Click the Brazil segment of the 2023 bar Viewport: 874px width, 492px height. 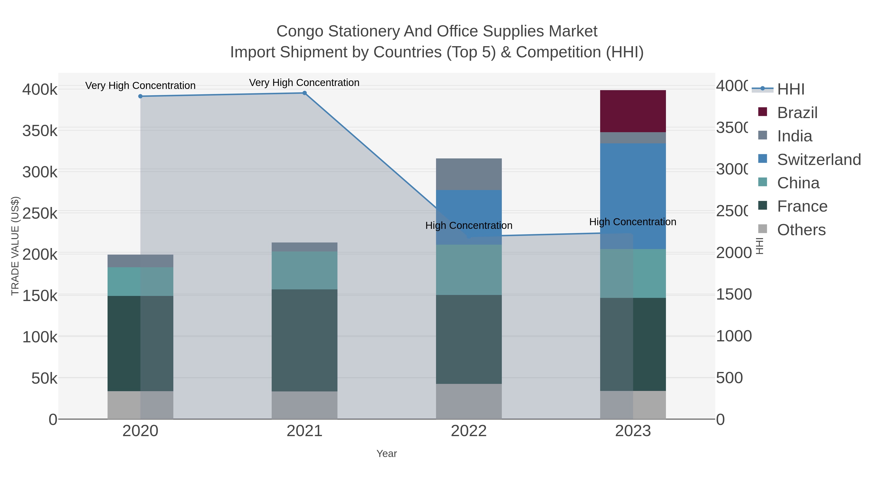[x=633, y=111]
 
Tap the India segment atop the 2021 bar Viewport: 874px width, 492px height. [x=304, y=247]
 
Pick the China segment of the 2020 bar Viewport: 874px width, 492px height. [x=140, y=282]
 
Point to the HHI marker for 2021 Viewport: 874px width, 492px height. [x=304, y=93]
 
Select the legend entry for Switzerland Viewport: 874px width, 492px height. [x=818, y=160]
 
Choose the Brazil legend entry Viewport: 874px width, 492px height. [x=797, y=113]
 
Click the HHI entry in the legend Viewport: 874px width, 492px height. [x=790, y=89]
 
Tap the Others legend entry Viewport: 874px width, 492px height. [x=801, y=230]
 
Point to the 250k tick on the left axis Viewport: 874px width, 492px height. [x=40, y=214]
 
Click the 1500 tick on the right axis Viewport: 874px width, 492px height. [x=733, y=294]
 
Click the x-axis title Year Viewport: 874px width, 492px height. [x=387, y=454]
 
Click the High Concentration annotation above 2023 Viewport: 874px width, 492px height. [x=632, y=222]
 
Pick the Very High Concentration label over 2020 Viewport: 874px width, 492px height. [x=140, y=86]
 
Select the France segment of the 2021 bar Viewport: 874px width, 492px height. [x=304, y=340]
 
